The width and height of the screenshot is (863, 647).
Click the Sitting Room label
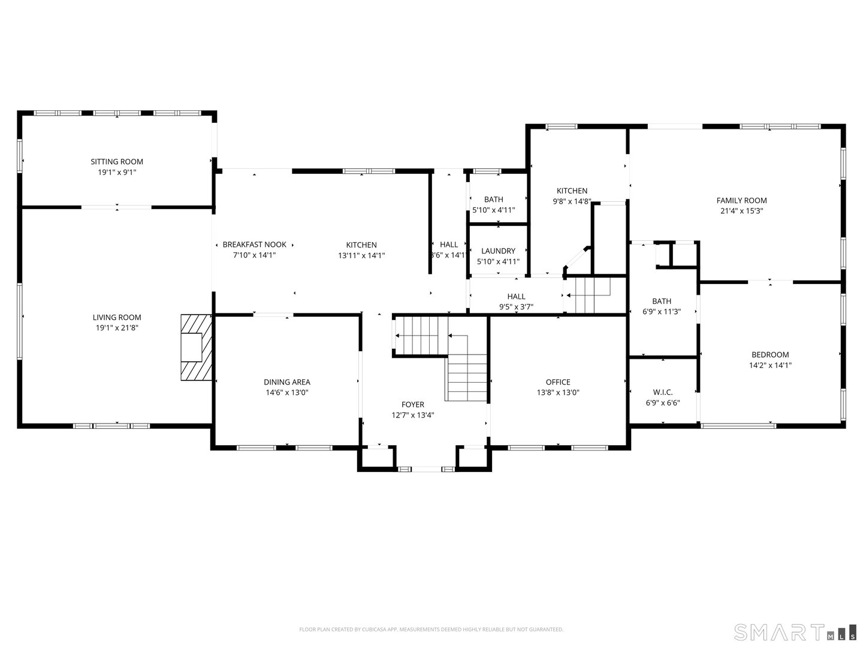click(117, 162)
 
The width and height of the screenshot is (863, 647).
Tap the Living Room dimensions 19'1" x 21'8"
click(117, 328)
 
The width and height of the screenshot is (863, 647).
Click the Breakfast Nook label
click(254, 244)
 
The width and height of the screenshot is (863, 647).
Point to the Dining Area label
click(287, 382)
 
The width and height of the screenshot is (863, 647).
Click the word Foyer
click(413, 405)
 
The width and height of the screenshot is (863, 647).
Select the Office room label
click(558, 382)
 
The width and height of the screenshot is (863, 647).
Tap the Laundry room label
click(498, 251)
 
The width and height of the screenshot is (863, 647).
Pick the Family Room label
click(741, 201)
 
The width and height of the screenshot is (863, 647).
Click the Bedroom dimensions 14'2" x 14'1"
click(770, 365)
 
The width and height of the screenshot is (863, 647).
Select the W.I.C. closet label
click(663, 392)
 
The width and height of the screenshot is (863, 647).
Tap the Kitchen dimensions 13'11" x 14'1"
click(361, 255)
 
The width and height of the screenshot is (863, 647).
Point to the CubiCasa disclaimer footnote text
click(431, 630)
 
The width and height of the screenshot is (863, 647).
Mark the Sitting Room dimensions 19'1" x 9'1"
click(117, 173)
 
